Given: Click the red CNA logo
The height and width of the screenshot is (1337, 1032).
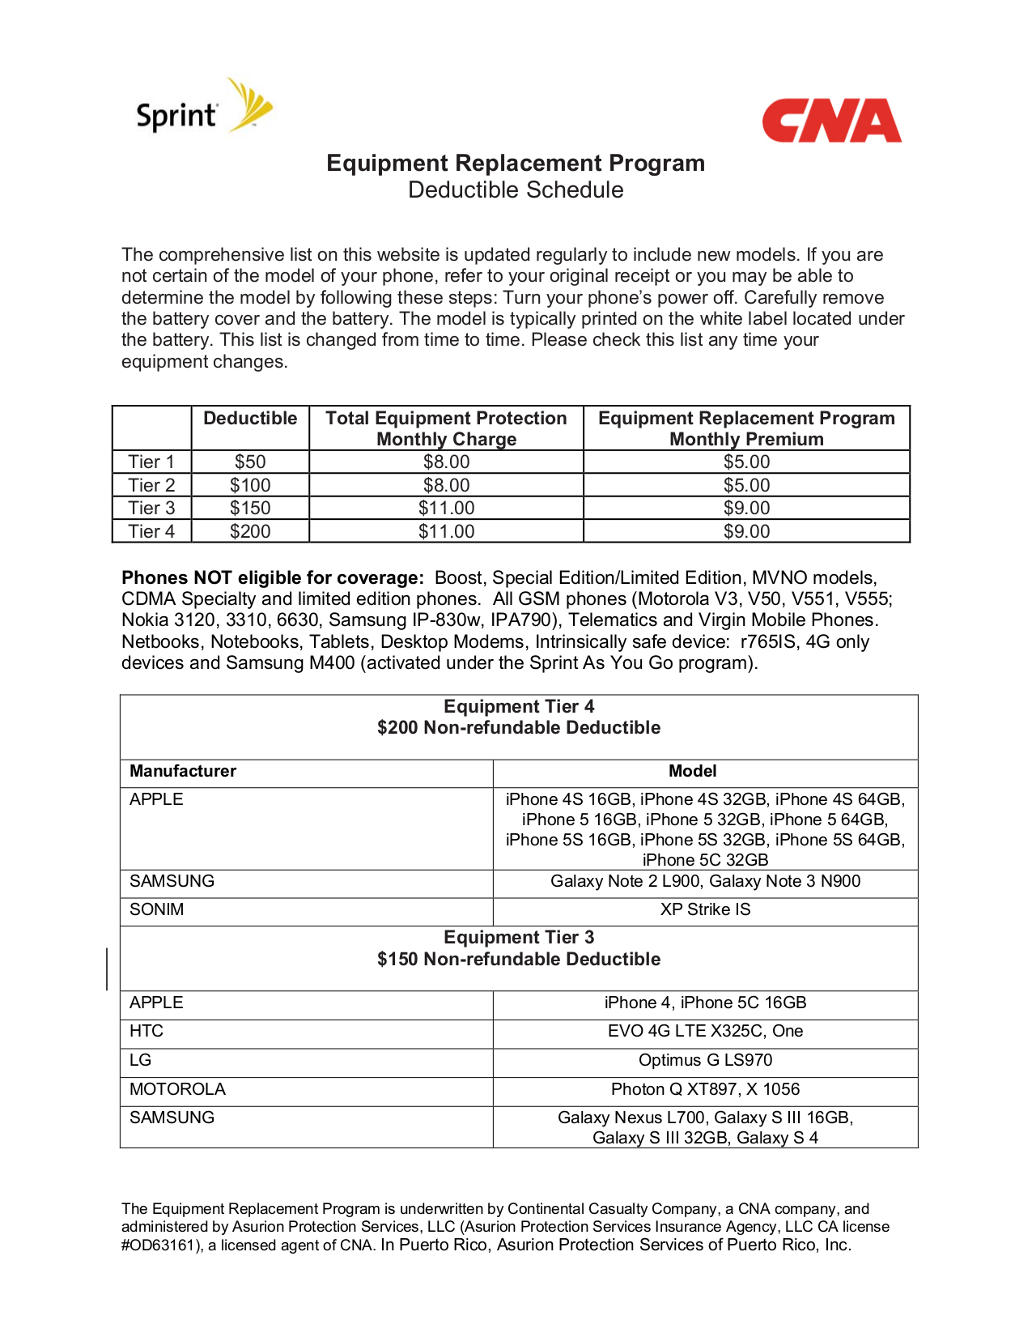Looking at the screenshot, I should click(x=831, y=121).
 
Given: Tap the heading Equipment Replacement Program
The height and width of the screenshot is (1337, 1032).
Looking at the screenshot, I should click(x=516, y=164).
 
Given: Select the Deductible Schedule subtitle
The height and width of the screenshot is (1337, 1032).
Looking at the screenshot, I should click(x=516, y=190).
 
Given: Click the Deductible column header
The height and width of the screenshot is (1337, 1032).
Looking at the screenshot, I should click(x=250, y=419).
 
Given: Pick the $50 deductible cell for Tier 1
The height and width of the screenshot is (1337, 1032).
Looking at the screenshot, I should click(x=250, y=462).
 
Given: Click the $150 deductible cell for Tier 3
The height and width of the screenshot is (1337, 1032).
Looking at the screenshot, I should click(x=250, y=509).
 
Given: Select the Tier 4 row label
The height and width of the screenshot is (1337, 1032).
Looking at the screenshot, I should click(x=151, y=532).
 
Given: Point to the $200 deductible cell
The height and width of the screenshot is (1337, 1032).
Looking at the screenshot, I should click(x=250, y=532).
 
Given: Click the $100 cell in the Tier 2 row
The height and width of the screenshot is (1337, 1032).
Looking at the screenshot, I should click(x=250, y=486).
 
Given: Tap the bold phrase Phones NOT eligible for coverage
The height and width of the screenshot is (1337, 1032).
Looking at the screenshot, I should click(x=272, y=578).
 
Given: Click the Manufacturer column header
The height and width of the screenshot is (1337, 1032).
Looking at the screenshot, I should click(x=183, y=772).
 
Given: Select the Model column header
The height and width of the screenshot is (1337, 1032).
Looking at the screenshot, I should click(x=692, y=772).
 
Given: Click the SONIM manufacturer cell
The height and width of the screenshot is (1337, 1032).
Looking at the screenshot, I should click(x=157, y=910).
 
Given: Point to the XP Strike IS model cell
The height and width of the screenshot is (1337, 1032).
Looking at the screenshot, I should click(x=705, y=910).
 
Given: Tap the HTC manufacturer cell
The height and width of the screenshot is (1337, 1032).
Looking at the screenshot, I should click(x=147, y=1032).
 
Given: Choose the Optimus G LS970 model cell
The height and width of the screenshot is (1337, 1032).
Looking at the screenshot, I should click(x=705, y=1061).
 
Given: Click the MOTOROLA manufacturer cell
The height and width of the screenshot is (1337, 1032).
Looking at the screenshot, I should click(x=177, y=1090).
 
